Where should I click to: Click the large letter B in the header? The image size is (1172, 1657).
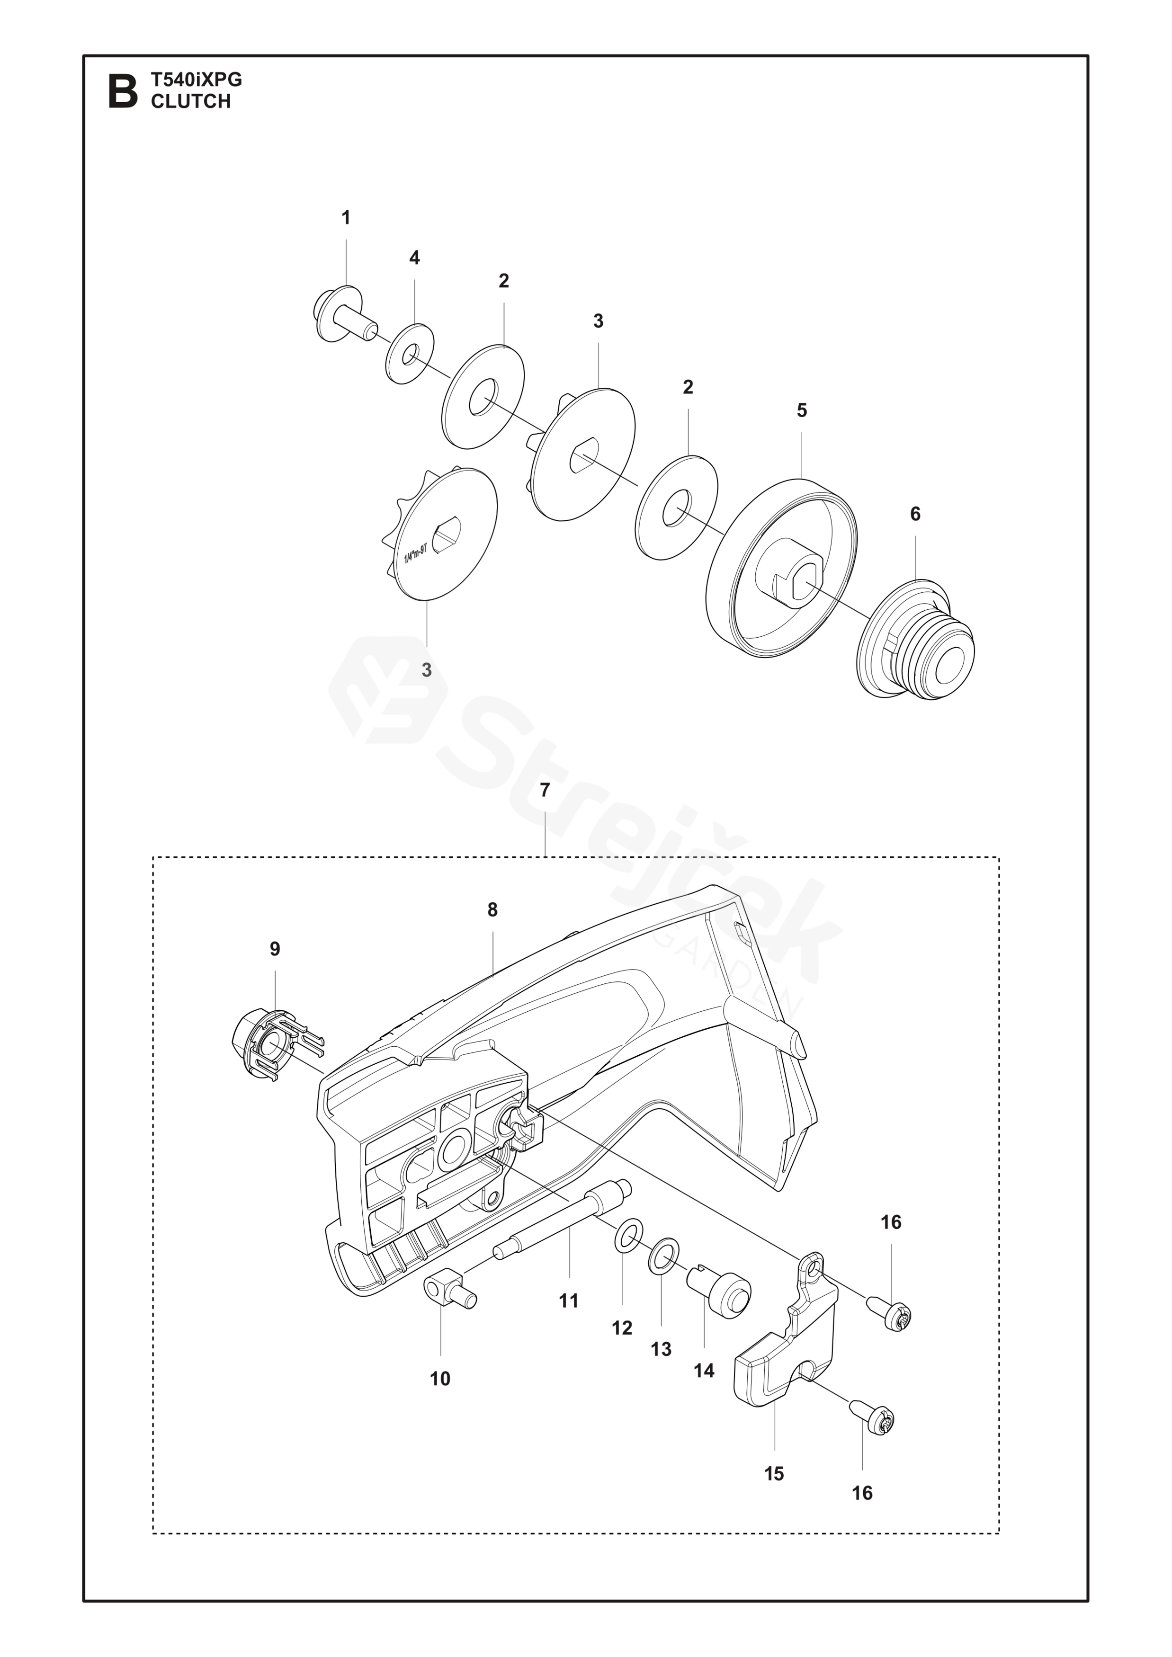tap(122, 91)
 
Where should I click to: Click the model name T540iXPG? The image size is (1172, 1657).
tap(197, 80)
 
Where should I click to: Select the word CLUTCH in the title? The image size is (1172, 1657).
tap(190, 101)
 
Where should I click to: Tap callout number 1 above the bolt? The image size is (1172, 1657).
tap(346, 217)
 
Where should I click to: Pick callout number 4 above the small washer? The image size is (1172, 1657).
tap(414, 258)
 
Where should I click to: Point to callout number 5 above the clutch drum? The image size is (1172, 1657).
tap(802, 410)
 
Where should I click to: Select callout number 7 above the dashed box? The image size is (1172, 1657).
tap(545, 790)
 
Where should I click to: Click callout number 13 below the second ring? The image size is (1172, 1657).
tap(661, 1349)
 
